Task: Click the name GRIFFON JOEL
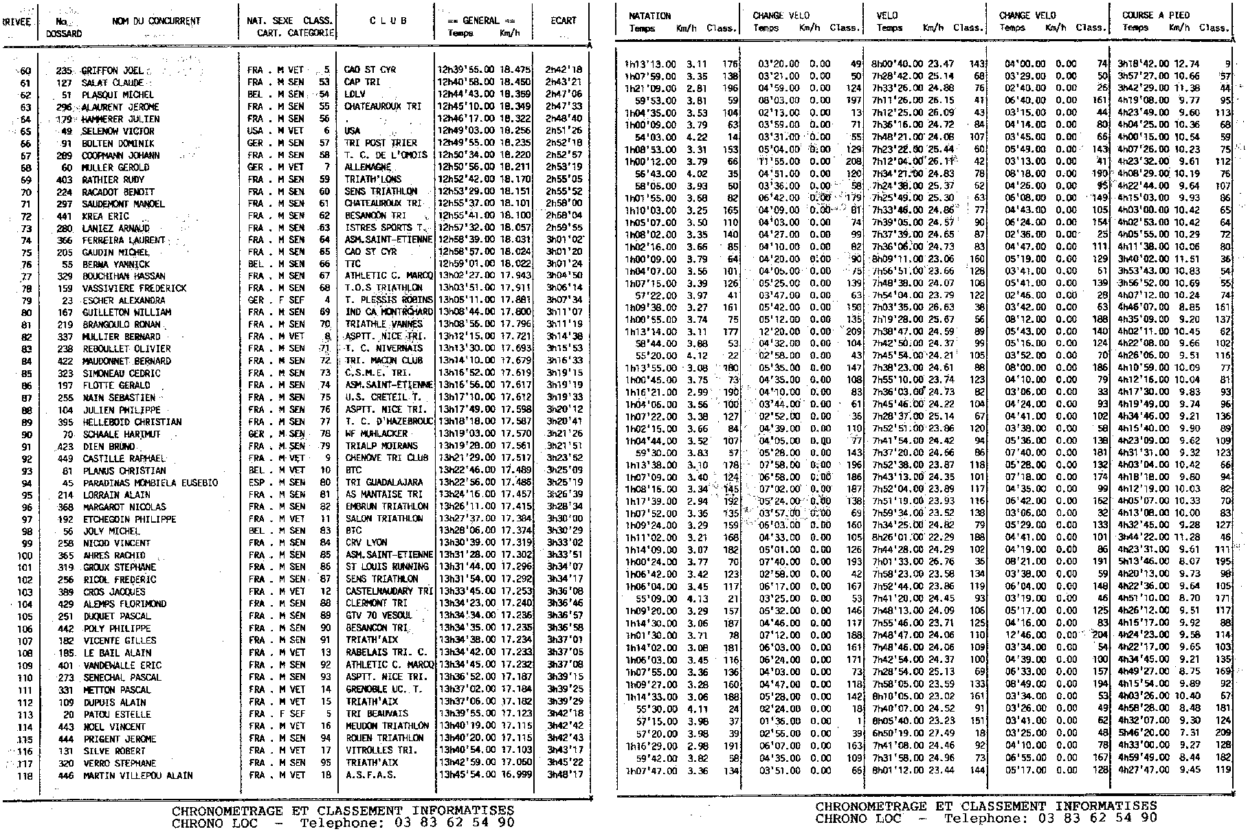coord(113,71)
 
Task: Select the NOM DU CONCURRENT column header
coord(156,21)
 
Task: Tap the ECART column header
coord(563,21)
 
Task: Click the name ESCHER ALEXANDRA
coord(124,300)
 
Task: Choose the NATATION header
coord(649,15)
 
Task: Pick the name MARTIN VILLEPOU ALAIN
coord(137,775)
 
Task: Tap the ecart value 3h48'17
coord(564,775)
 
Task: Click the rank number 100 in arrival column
coord(25,555)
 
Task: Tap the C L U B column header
coord(388,21)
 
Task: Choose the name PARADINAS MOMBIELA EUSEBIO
coord(150,483)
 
